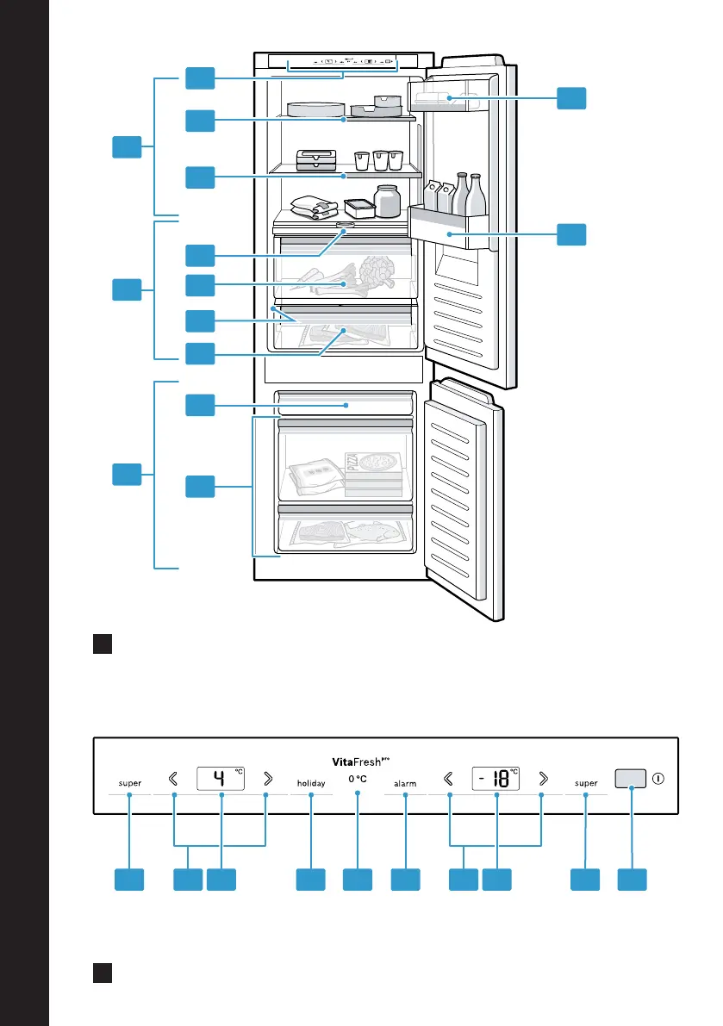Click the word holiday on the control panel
[x=310, y=784]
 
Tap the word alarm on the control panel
[x=405, y=784]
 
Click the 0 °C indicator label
[x=358, y=779]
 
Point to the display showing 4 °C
[x=221, y=779]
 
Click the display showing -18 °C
[x=496, y=779]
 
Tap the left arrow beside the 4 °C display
[x=174, y=779]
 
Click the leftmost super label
[x=130, y=784]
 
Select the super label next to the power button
[x=586, y=784]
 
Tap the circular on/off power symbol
[x=658, y=778]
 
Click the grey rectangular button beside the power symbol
[x=630, y=778]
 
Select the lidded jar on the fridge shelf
[x=388, y=201]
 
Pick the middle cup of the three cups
[x=380, y=160]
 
